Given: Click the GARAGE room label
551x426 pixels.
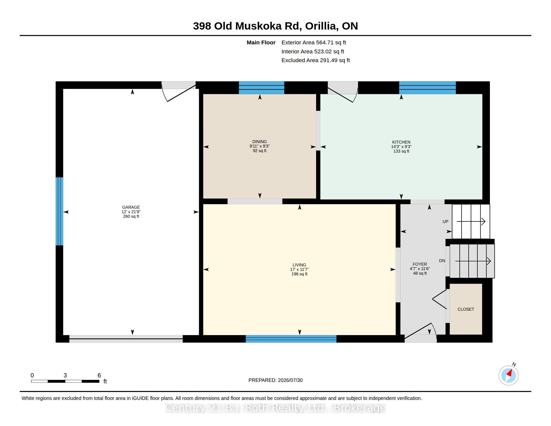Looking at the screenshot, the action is click(131, 207).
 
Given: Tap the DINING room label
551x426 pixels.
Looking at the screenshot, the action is click(260, 142).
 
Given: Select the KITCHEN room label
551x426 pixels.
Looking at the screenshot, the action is click(401, 142).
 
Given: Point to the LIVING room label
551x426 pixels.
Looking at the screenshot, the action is click(299, 265).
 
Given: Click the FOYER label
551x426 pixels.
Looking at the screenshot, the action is click(420, 264).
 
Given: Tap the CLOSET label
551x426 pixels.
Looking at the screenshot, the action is click(466, 309).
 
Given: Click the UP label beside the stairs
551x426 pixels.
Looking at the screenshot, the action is click(445, 222).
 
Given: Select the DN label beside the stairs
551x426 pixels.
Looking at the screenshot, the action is click(442, 261).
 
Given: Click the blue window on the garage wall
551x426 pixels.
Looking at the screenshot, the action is click(59, 211).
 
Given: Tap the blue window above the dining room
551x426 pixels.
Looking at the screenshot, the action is click(261, 87).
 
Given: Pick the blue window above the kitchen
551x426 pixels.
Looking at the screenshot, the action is click(427, 87).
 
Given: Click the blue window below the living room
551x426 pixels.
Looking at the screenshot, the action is click(291, 339).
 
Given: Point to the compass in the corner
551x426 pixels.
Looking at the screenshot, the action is click(509, 375).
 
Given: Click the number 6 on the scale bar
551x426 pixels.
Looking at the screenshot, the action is click(99, 375).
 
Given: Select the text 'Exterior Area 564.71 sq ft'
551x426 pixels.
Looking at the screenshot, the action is click(314, 43).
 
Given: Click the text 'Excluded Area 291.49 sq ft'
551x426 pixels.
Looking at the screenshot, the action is click(316, 60).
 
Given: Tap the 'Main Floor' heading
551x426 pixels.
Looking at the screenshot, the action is click(261, 43).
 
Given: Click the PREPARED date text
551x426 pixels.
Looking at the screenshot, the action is click(275, 380).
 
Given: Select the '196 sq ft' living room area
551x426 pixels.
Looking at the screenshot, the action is click(299, 274).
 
